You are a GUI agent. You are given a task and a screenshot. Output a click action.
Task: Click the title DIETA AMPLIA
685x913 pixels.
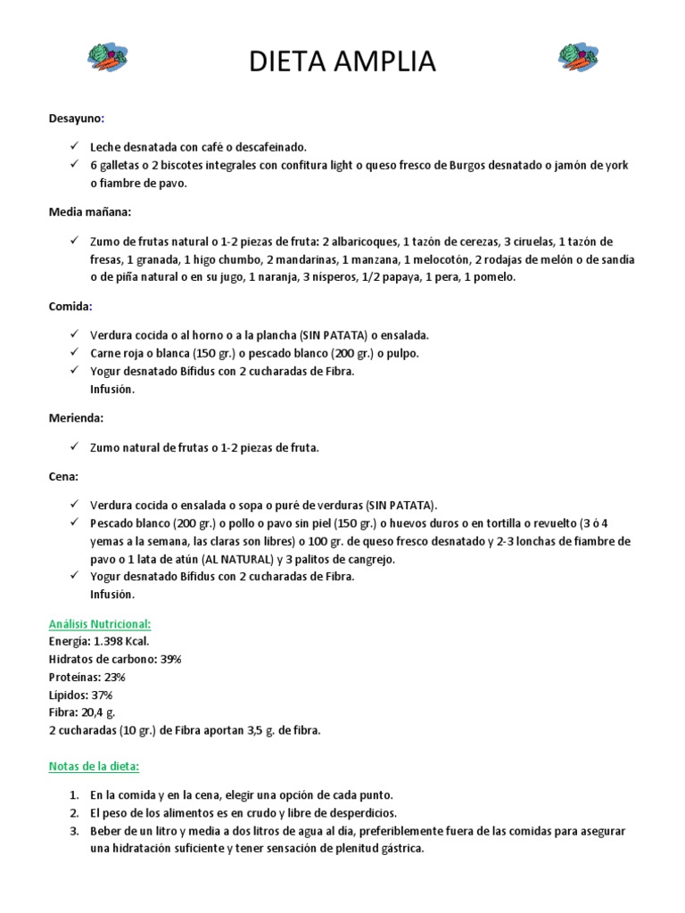[x=342, y=62]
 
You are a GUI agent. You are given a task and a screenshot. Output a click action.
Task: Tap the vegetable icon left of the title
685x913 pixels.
[x=107, y=57]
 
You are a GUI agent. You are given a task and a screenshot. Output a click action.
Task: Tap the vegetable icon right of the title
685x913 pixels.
[x=577, y=57]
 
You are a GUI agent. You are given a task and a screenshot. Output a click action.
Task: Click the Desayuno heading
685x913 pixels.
[x=77, y=118]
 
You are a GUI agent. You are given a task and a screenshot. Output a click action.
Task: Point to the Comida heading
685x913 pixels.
[x=70, y=306]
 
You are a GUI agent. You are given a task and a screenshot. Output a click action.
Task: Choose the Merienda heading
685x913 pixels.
[x=77, y=417]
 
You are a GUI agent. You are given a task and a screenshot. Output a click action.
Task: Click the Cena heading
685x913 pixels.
[x=63, y=476]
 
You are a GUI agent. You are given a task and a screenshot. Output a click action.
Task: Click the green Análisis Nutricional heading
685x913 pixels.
[x=100, y=624]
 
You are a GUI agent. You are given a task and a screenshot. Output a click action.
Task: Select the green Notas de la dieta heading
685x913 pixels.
[x=95, y=766]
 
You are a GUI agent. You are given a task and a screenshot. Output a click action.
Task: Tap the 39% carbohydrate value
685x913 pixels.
[x=170, y=659]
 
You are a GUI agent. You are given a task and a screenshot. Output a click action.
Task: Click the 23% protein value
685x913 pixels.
[x=114, y=677]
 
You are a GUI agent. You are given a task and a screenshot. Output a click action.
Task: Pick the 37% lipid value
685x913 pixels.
[x=102, y=695]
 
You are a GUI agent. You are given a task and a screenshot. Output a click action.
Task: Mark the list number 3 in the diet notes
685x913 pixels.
[x=73, y=831]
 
